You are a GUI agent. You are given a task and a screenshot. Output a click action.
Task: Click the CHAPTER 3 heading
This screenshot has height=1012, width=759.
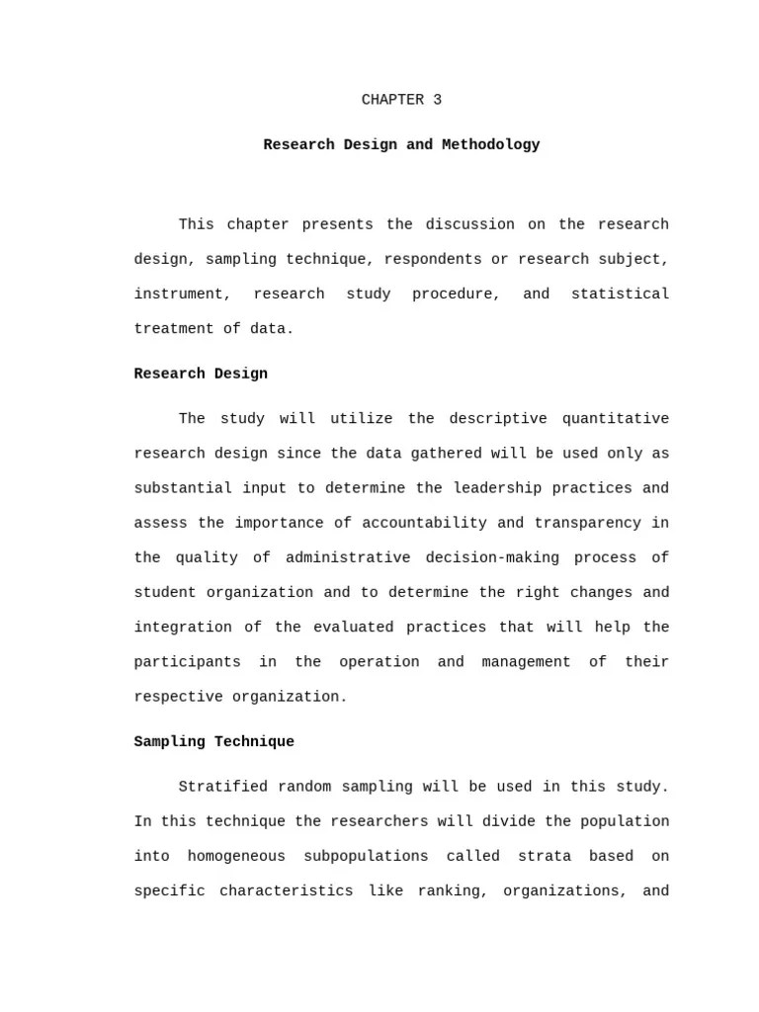(401, 100)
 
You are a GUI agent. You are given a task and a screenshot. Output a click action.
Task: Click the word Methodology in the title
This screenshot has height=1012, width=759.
(490, 144)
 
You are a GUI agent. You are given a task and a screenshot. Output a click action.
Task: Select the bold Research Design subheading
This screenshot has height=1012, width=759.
(201, 374)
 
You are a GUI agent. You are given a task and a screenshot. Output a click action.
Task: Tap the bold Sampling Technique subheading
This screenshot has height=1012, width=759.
(213, 741)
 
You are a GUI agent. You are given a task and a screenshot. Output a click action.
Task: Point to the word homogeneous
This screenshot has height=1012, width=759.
(236, 856)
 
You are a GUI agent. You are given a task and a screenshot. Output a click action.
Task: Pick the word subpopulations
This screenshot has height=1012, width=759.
(366, 856)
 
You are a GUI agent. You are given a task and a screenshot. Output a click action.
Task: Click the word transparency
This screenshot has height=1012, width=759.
(588, 523)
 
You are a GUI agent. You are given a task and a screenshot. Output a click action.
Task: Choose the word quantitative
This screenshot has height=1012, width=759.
(615, 418)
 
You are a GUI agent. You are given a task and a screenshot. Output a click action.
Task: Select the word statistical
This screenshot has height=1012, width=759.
(620, 294)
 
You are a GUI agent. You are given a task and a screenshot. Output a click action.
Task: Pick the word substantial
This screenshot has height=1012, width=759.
(183, 488)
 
